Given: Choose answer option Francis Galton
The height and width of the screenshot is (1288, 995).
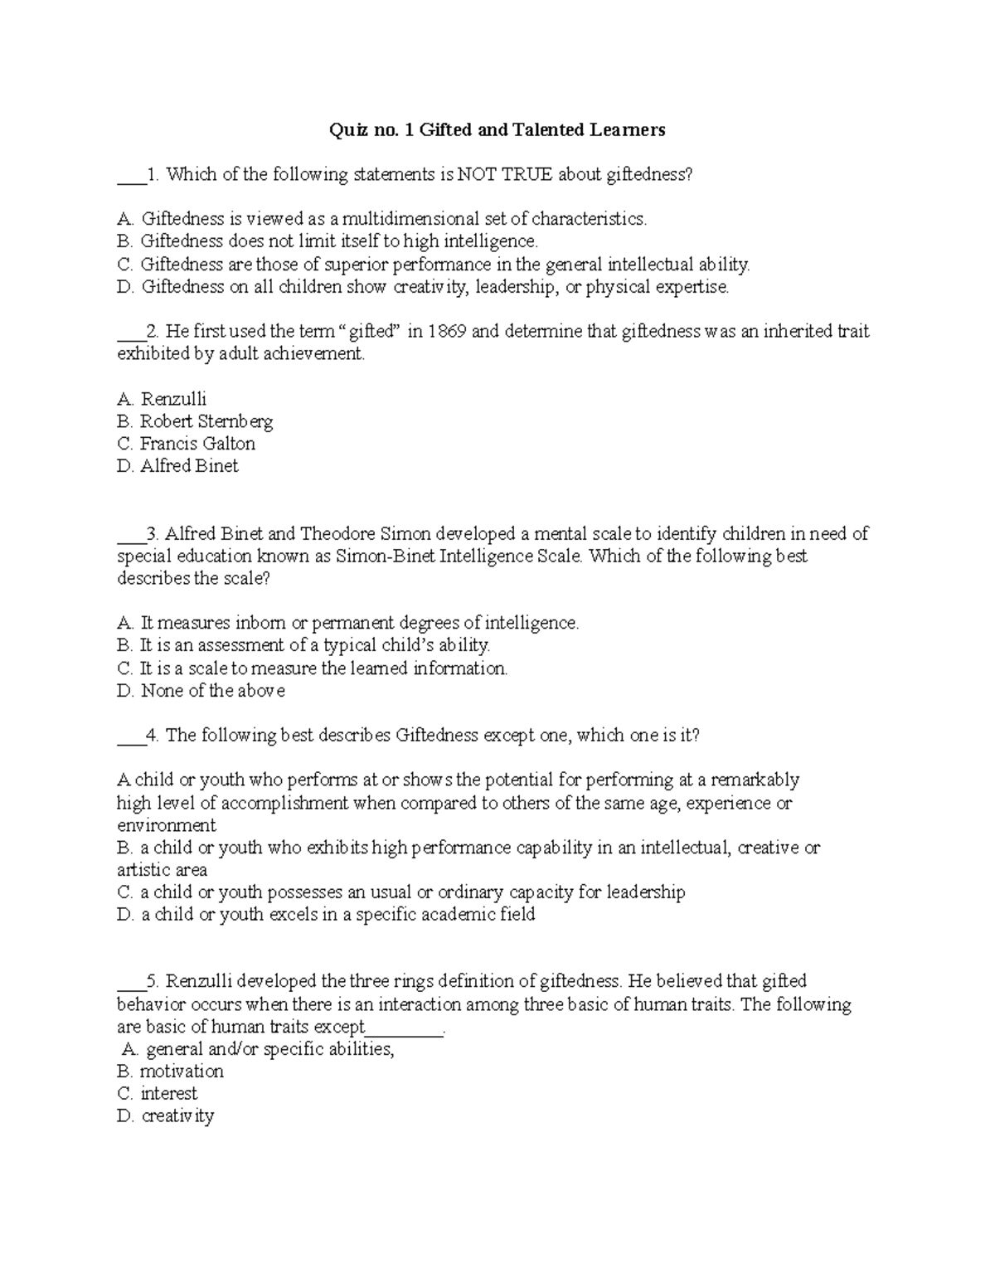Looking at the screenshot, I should tap(197, 444).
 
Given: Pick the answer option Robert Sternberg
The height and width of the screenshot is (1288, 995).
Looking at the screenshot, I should tap(206, 421).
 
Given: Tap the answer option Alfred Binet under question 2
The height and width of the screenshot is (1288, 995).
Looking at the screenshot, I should tap(189, 466).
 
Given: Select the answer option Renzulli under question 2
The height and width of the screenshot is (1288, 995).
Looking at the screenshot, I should tap(173, 399).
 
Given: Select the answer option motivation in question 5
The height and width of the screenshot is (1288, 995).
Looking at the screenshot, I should tap(182, 1072).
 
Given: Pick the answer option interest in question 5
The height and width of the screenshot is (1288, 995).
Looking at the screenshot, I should tap(169, 1094).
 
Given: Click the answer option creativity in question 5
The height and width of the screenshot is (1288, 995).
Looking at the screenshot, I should tap(177, 1116).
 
